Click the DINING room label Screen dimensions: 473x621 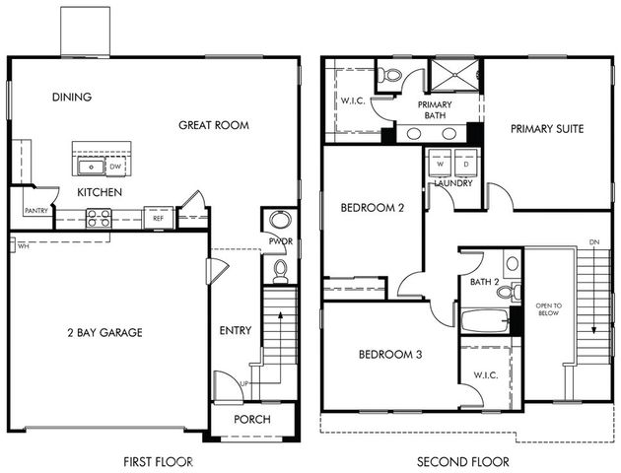[x=72, y=97]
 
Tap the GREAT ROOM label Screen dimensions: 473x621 [x=213, y=125]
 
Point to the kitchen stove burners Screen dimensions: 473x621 [x=98, y=219]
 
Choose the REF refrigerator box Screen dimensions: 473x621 [x=158, y=218]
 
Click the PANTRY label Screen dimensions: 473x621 [x=36, y=210]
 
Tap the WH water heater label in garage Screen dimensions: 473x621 [x=22, y=246]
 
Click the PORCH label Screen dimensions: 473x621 [x=252, y=419]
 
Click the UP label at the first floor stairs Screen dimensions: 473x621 [x=244, y=383]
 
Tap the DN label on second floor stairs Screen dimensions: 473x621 [x=592, y=241]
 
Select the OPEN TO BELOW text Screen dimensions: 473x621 [x=548, y=310]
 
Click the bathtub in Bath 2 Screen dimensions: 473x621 [x=484, y=319]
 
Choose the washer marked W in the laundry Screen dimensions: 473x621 [x=438, y=164]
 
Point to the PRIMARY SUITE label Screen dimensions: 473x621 [x=547, y=128]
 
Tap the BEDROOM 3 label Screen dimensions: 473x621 [x=389, y=354]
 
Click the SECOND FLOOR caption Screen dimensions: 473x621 [x=463, y=461]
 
